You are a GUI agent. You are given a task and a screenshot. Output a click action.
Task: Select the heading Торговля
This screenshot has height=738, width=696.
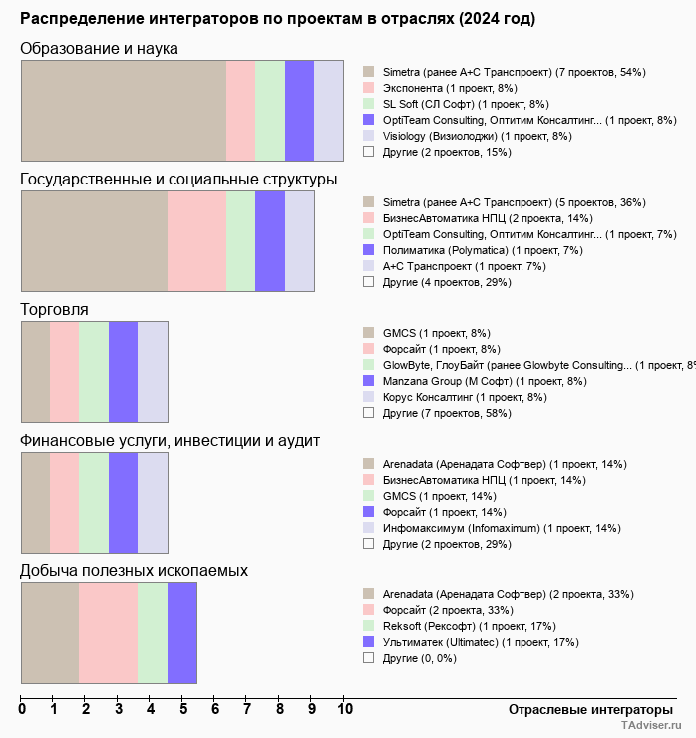coord(55,309)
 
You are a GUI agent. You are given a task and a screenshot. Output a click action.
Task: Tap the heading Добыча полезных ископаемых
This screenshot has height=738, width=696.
coord(135,570)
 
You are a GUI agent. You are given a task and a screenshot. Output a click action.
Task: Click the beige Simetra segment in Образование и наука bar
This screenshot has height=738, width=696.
coord(124,110)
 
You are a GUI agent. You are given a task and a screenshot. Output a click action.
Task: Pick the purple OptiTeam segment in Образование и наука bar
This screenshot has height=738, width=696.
coord(299,110)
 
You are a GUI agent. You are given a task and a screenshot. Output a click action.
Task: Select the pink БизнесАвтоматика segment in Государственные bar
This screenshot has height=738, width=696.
coord(196,240)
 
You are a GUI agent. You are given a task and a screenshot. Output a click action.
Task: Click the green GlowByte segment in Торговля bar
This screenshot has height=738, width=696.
coord(94,371)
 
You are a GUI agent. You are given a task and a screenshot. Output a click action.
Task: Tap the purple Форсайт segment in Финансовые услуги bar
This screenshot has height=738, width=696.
coord(123,502)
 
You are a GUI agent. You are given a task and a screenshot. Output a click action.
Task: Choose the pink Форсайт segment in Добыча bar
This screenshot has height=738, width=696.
coord(108,633)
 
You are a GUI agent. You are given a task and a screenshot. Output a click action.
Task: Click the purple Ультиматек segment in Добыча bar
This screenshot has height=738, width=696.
coord(181,633)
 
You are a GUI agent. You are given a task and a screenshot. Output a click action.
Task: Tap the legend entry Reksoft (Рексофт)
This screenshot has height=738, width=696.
coord(460,626)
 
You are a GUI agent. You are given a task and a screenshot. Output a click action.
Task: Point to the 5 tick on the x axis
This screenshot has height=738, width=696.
coord(183,710)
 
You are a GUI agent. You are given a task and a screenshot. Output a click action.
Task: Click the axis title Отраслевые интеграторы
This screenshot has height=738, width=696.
coord(584,709)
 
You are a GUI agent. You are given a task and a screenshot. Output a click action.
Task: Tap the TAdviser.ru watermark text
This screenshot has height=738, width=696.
coord(651,727)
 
